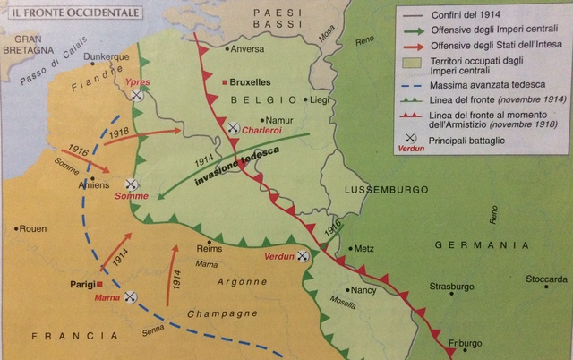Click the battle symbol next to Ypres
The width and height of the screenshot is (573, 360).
[137, 95]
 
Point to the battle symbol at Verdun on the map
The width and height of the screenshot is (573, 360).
[304, 255]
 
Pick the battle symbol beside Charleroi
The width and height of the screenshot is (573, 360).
[234, 128]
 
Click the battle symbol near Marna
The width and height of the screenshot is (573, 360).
[132, 296]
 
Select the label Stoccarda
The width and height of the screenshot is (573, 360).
[547, 279]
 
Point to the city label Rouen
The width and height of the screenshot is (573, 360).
[31, 228]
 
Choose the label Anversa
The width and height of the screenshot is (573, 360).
[248, 48]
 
